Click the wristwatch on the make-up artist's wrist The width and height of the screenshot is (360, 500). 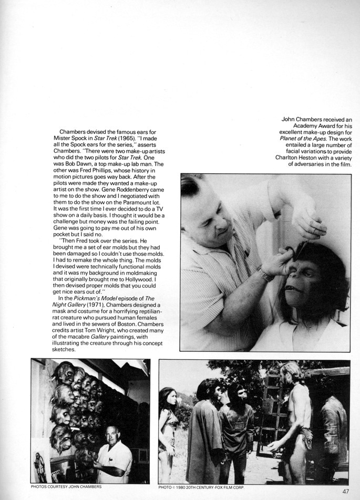click(265, 274)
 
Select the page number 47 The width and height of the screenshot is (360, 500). click(345, 492)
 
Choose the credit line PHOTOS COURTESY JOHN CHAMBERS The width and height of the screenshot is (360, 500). click(66, 487)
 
